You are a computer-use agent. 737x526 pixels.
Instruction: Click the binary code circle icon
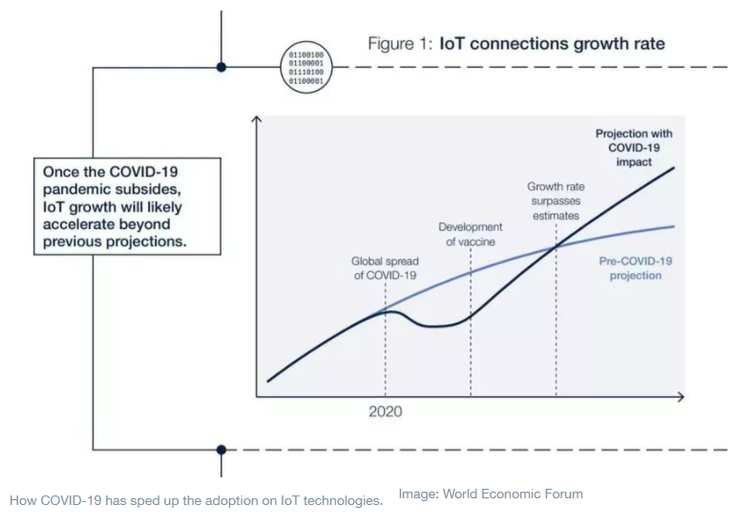(x=306, y=68)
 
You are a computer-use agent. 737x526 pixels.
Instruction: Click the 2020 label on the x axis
(x=385, y=411)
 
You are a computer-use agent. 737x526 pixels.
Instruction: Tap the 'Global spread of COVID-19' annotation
(x=385, y=267)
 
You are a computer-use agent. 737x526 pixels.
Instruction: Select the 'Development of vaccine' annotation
(x=470, y=234)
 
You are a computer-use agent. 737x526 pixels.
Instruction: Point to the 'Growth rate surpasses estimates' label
(x=555, y=201)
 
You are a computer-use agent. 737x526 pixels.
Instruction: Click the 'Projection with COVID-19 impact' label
(x=634, y=148)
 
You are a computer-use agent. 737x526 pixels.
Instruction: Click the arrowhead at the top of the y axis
(x=256, y=119)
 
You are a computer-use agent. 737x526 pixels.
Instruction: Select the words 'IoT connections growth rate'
(x=552, y=44)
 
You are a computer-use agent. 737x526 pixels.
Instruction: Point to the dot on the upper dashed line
(x=221, y=68)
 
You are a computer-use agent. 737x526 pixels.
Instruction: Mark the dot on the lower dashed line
(x=221, y=449)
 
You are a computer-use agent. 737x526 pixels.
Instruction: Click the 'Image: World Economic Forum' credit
(x=491, y=494)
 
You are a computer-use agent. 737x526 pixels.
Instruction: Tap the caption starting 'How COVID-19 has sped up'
(x=196, y=499)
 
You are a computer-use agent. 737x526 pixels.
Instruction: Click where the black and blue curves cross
(x=556, y=248)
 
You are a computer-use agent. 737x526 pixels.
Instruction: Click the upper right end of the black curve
(x=674, y=168)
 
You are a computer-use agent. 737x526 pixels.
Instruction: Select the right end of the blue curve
(x=674, y=226)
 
